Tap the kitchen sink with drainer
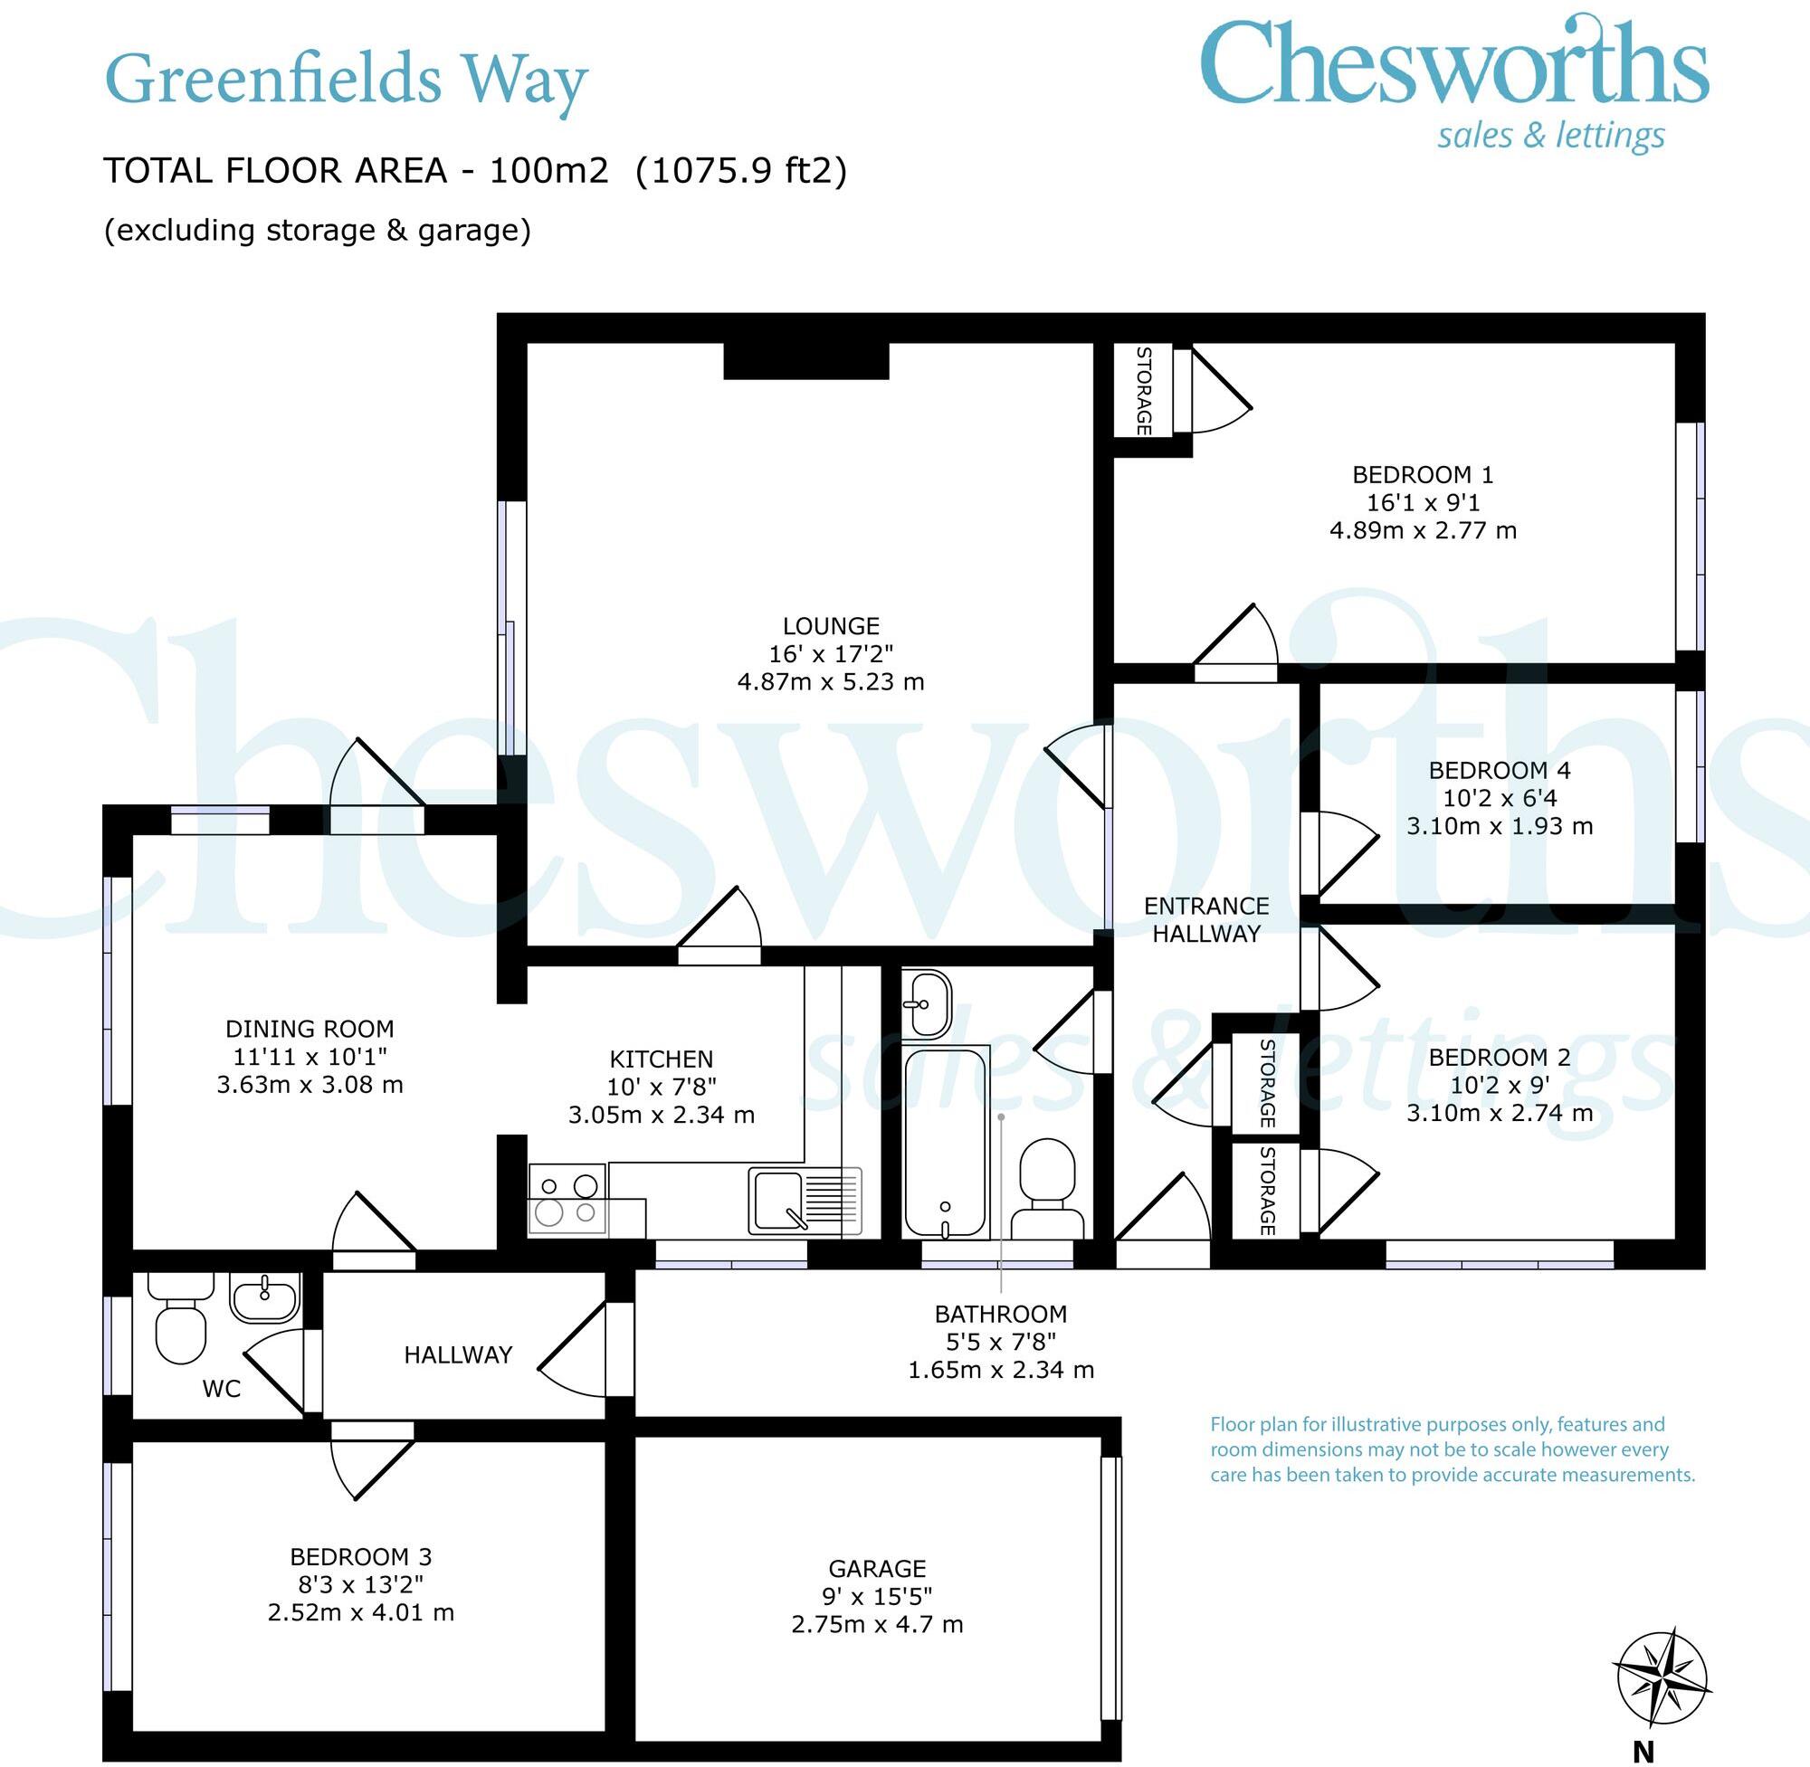point(805,1201)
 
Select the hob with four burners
point(567,1199)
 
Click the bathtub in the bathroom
point(945,1143)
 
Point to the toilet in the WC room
point(180,1322)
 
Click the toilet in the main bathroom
point(1046,1191)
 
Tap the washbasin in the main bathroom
point(927,1003)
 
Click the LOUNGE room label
point(831,626)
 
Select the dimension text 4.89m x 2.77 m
point(1423,531)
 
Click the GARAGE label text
point(877,1568)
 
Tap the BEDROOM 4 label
point(1499,770)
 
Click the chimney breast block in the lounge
point(805,361)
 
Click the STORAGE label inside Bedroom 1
point(1144,391)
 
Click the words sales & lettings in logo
point(1551,136)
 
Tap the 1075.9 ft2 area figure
point(740,171)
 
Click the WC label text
point(221,1390)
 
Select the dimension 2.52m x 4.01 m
point(361,1613)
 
